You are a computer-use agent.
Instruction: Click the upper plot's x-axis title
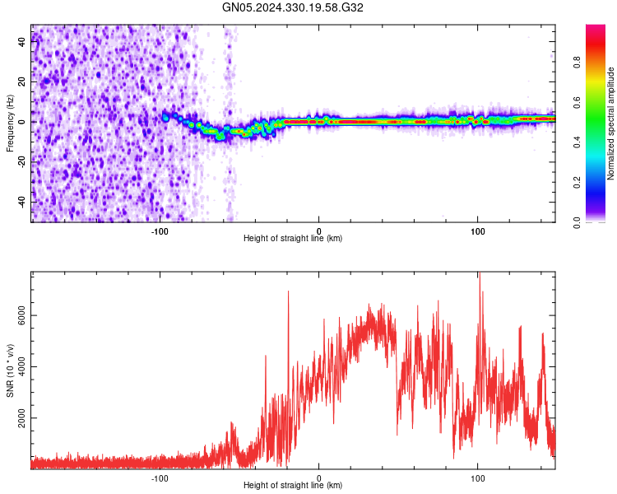293,238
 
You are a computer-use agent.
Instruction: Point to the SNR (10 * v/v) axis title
10,370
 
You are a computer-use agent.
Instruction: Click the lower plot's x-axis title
293,485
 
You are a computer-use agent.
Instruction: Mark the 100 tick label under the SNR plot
477,477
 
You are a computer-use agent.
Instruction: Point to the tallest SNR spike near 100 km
479,277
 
